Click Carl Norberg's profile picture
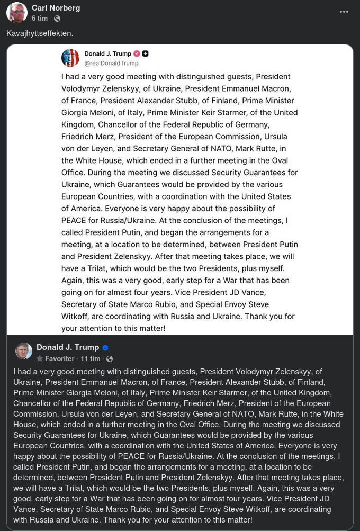(x=17, y=13)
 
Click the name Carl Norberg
(x=56, y=8)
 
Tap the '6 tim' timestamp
(x=39, y=19)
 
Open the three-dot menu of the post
(x=344, y=12)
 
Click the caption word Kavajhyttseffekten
(x=40, y=33)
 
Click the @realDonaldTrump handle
(x=111, y=63)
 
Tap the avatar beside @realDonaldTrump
(x=70, y=58)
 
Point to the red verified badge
(x=137, y=53)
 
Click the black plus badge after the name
(x=146, y=53)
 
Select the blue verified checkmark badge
(x=105, y=348)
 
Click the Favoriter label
(x=60, y=359)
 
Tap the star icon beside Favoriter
(x=40, y=359)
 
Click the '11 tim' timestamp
(x=91, y=359)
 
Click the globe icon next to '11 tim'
(x=110, y=359)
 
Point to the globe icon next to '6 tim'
(x=58, y=19)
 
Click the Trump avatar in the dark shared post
(x=24, y=351)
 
